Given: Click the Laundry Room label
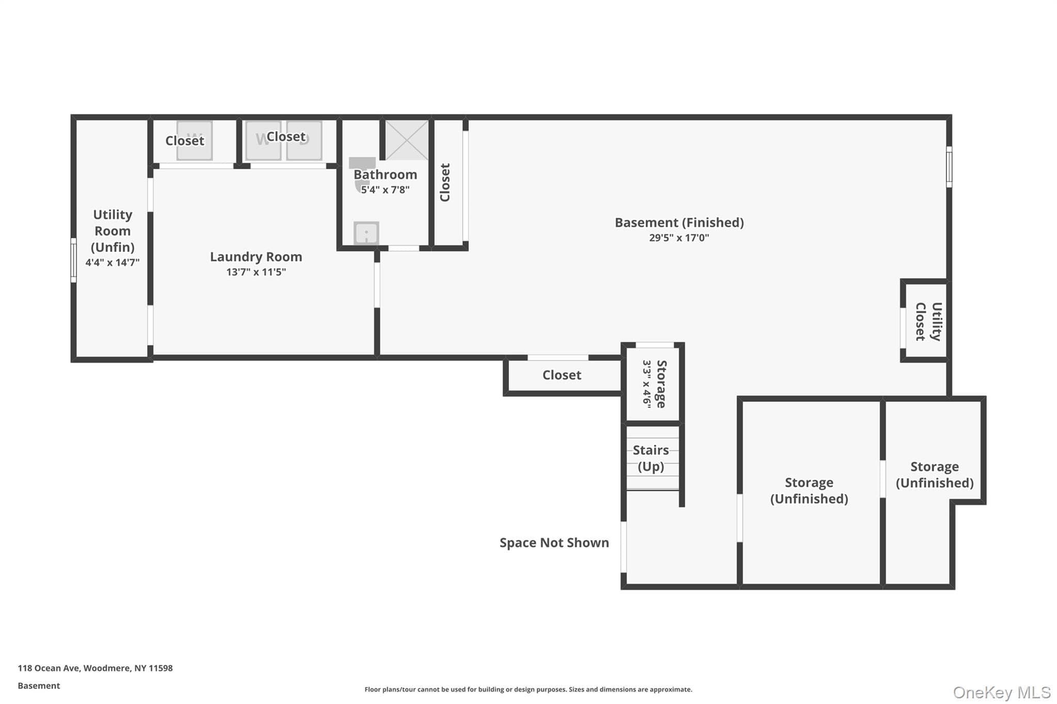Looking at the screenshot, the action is [256, 257].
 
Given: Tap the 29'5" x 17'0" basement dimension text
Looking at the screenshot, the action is [679, 238].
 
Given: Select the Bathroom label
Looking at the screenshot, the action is [386, 175].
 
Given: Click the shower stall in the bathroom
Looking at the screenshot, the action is [407, 140].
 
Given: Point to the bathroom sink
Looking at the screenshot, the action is [366, 233].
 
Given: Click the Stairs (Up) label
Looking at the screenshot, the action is [651, 459].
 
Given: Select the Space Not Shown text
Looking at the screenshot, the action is [554, 543].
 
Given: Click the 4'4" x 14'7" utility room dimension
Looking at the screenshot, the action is [113, 263].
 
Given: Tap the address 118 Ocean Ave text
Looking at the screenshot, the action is [49, 668].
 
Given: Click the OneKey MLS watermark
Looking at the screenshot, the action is [1002, 692].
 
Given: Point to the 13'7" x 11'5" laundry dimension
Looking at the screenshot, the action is [256, 272].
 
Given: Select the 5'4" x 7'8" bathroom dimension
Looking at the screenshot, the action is [385, 190].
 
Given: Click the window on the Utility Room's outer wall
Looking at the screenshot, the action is [74, 260].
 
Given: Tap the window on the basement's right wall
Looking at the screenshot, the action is [949, 167].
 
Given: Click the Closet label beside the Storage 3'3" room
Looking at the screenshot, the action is [562, 375].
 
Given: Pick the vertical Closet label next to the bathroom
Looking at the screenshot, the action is [445, 183].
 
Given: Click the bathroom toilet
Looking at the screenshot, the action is [362, 173].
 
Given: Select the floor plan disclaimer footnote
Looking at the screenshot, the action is [528, 690].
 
